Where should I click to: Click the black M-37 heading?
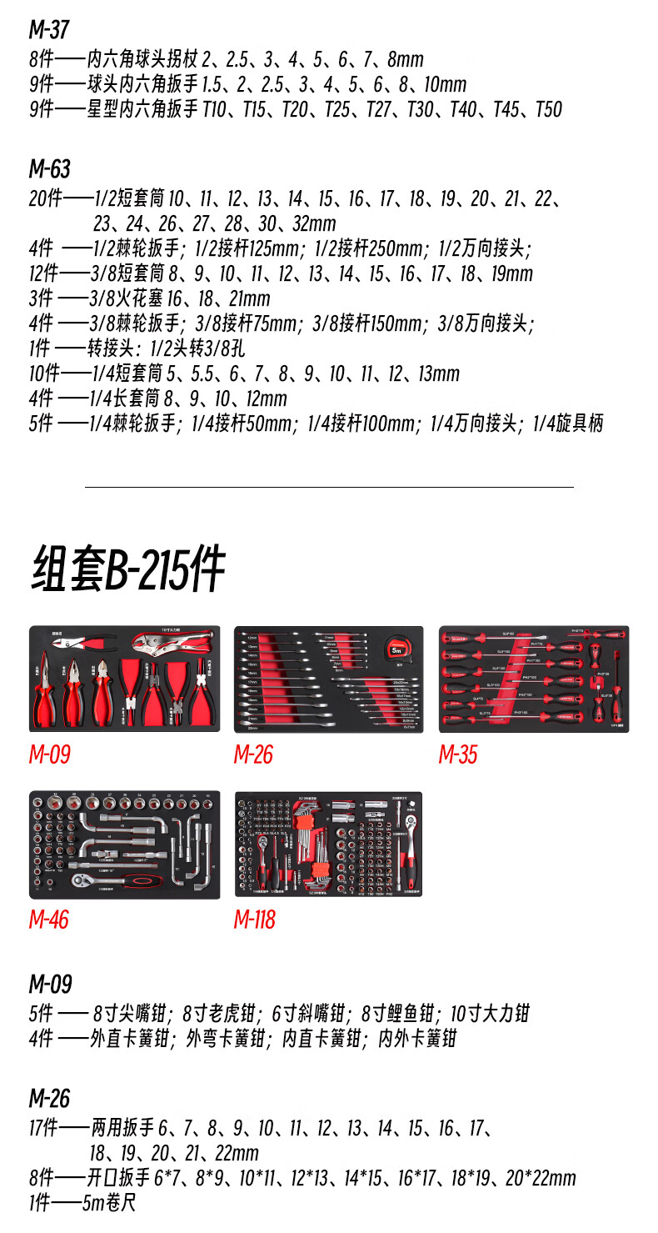coord(49,30)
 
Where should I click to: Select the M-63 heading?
coord(49,169)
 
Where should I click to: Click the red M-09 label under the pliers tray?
coord(49,754)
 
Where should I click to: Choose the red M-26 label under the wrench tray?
coord(253,754)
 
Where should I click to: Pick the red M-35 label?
coord(458,754)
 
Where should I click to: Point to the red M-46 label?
coord(49,920)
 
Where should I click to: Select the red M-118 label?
coord(254,920)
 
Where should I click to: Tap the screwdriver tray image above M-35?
coord(534,679)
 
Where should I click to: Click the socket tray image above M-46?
coord(125,845)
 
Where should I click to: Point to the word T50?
coord(548,109)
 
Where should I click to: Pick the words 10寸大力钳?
coord(490,1014)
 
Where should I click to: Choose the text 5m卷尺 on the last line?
coord(110,1203)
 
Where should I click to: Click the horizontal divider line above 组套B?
coord(329,487)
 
